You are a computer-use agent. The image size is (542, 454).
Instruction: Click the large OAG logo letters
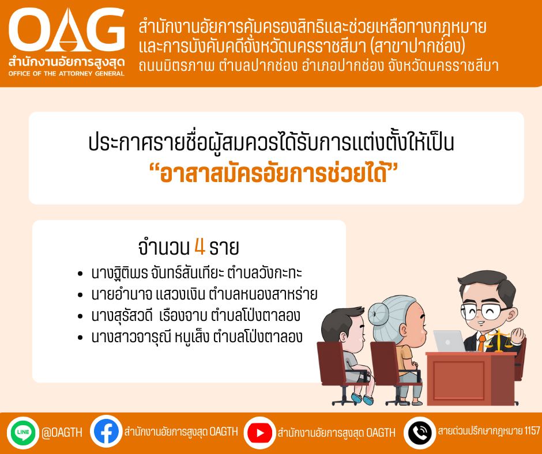[66, 30]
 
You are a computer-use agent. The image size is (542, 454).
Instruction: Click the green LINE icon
[23, 432]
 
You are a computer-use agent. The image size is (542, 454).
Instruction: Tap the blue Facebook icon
[106, 432]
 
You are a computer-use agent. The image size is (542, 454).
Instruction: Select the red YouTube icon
[259, 433]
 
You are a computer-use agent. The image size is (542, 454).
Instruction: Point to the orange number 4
[200, 247]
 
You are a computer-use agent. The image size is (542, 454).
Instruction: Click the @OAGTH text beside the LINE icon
[62, 432]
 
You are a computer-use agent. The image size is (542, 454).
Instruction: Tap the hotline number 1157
[532, 431]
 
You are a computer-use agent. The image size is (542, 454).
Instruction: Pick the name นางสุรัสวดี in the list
[122, 316]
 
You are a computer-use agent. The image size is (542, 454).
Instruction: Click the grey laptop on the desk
[449, 341]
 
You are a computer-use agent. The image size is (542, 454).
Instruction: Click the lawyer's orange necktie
[481, 343]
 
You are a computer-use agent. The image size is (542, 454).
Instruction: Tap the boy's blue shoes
[362, 398]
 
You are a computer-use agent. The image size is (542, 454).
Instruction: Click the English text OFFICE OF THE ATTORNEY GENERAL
[66, 73]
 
